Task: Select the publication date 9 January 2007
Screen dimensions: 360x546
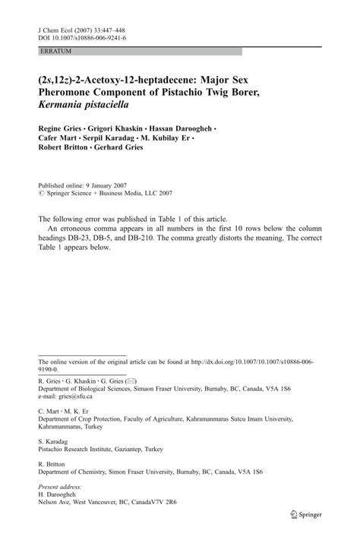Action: pos(99,185)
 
